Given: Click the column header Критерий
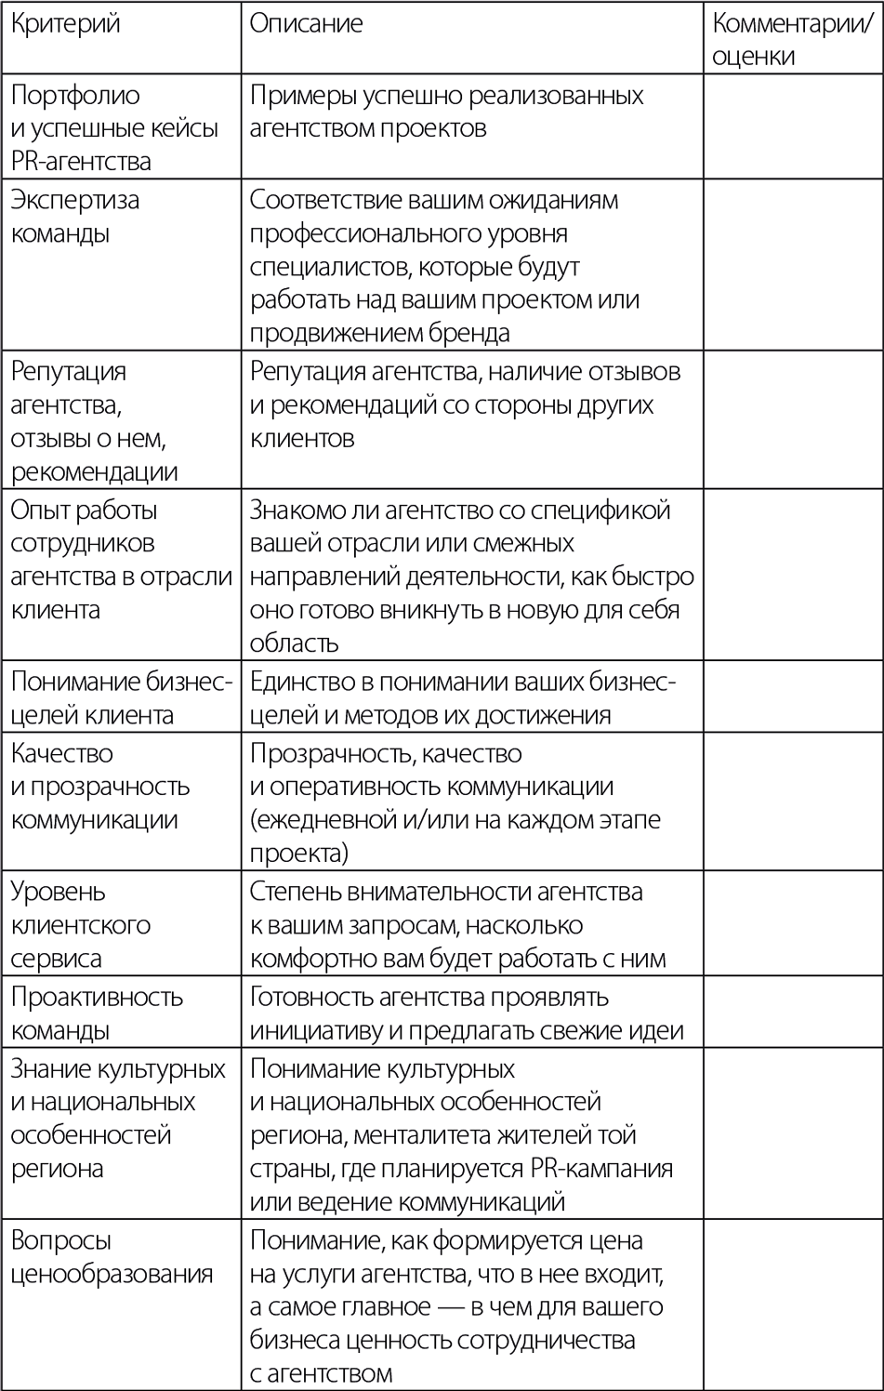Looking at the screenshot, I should point(65,24).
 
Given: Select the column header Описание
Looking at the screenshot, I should point(306,24).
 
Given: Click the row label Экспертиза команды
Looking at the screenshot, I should point(74,217).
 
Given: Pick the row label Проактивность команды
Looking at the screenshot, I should point(97,1013).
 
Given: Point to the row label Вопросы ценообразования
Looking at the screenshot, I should point(112,1257).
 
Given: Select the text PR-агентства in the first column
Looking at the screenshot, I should point(81,161).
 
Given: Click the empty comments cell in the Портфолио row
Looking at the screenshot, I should point(792,126).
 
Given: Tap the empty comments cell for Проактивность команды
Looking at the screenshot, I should point(792,1012).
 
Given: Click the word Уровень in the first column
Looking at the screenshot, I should point(58,892).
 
